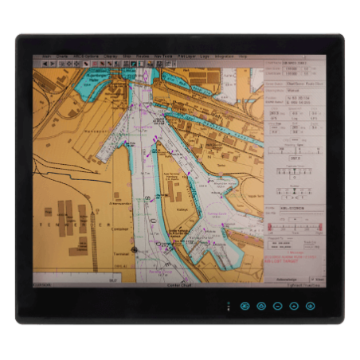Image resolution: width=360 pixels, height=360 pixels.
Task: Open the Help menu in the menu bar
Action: (243, 57)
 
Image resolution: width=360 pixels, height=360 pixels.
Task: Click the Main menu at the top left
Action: (47, 57)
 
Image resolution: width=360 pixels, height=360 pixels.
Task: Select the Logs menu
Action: (205, 57)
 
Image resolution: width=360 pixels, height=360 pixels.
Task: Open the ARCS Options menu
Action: (83, 57)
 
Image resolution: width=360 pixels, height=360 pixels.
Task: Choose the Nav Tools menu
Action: (163, 57)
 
